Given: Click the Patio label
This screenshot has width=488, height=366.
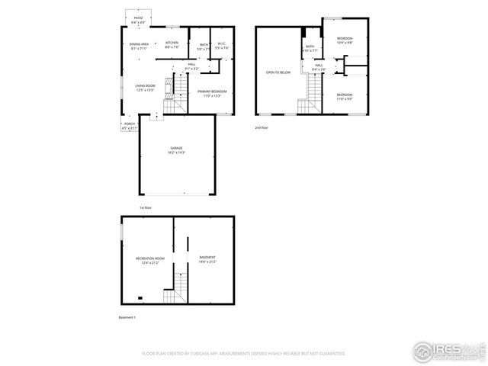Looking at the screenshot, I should tap(138, 17).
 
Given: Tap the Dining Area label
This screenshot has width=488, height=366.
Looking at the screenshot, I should tap(139, 44).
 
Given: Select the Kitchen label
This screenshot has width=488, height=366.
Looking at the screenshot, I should tap(172, 43).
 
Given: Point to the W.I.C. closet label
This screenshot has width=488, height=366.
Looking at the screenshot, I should tap(221, 45).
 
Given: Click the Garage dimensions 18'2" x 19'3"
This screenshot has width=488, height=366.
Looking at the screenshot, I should tap(176, 152).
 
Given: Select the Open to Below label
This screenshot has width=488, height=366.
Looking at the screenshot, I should tap(278, 72).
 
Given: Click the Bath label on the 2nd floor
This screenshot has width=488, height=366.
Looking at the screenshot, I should tap(310, 47).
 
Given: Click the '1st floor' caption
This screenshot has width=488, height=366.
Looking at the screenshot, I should tap(146, 207).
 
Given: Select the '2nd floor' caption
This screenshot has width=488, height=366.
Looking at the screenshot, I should tap(262, 127).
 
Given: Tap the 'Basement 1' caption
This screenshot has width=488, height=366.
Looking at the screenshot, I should tap(127, 316).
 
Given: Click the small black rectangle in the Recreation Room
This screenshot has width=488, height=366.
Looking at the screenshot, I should tap(139, 299).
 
